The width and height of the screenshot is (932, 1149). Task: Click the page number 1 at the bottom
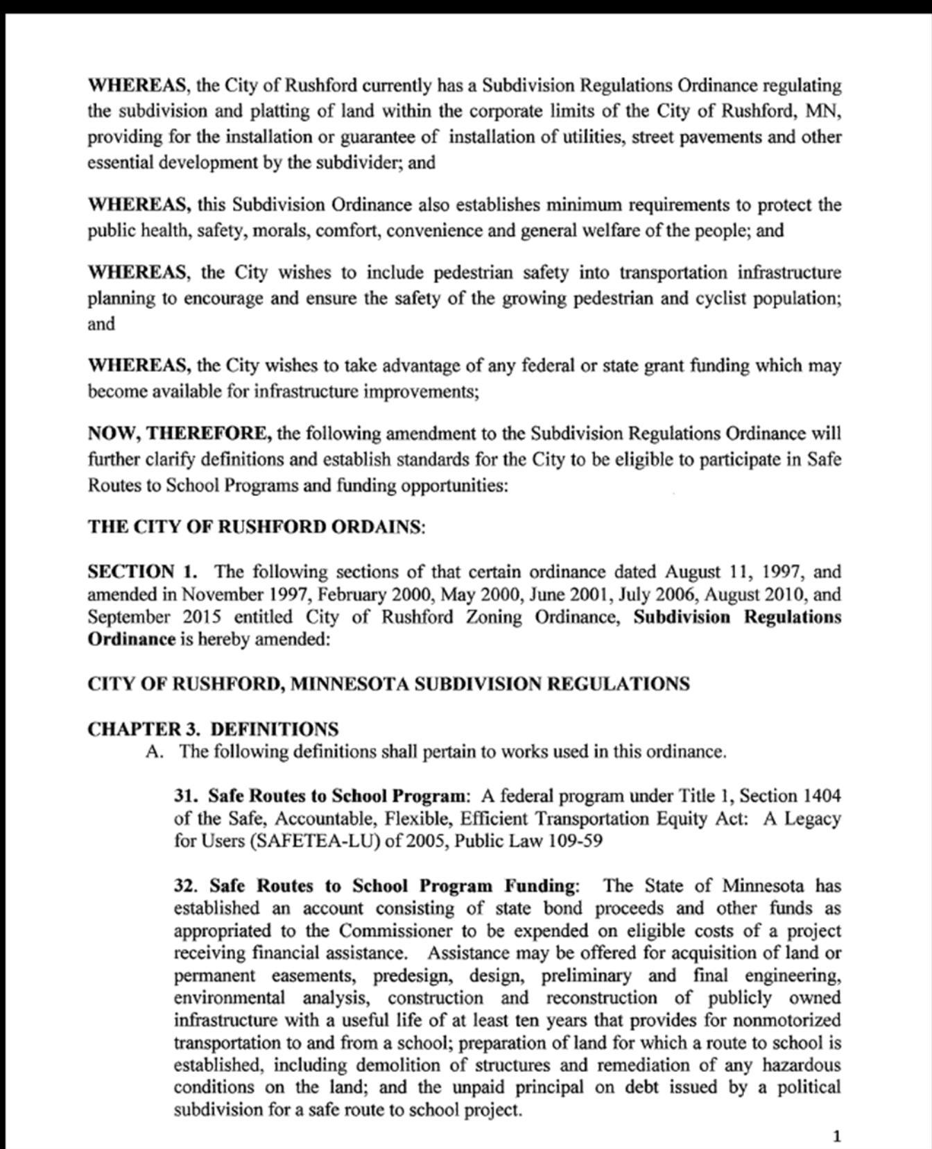(836, 1136)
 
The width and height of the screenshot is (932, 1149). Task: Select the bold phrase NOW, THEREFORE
(180, 434)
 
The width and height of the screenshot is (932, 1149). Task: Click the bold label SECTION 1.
(141, 572)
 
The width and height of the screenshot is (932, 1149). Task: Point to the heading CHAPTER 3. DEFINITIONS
(213, 729)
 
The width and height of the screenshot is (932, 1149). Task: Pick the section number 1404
(821, 795)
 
